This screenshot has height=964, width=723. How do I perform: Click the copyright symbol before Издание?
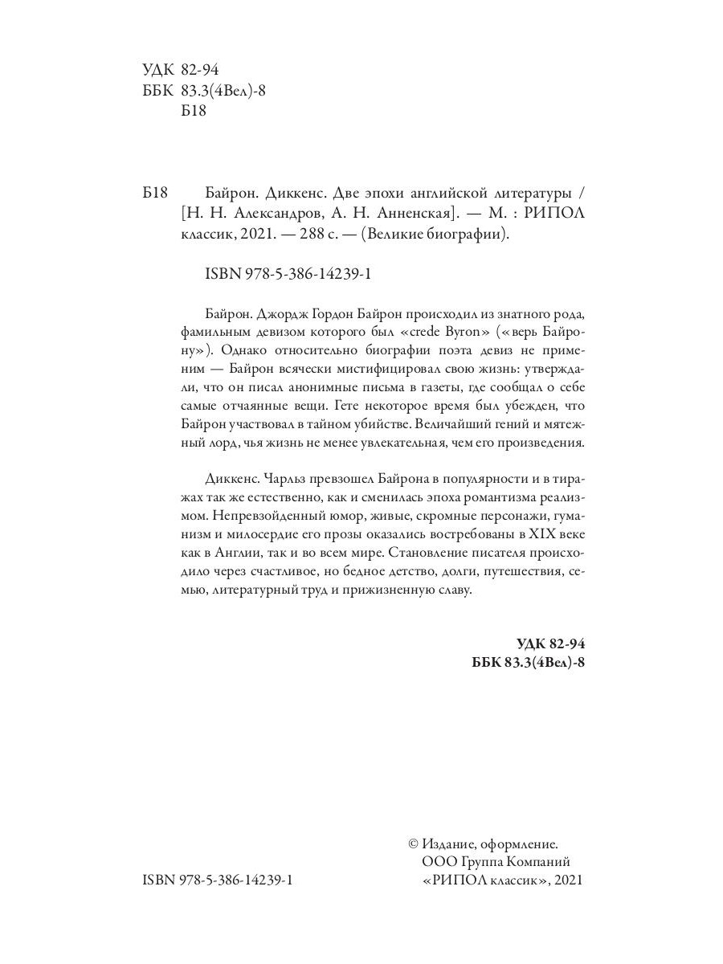pos(414,843)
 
